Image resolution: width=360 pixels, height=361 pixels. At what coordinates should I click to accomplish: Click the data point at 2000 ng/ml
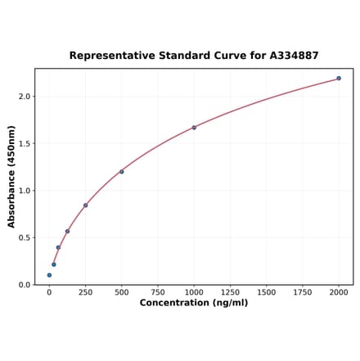339,79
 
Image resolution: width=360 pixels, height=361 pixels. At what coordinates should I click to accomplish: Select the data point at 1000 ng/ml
194,128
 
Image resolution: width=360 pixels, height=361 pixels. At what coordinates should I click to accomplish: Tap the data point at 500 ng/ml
122,172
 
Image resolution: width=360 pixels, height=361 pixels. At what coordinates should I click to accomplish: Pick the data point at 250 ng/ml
85,205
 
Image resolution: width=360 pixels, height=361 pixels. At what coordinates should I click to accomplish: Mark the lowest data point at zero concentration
49,275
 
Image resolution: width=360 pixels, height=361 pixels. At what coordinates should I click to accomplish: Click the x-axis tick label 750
157,292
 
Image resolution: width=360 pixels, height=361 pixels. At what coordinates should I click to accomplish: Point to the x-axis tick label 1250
230,292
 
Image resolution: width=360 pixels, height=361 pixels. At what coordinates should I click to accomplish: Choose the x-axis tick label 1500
266,292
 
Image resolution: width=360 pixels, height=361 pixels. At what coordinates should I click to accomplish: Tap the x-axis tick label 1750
302,292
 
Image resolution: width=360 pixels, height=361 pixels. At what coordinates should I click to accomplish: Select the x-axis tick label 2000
339,292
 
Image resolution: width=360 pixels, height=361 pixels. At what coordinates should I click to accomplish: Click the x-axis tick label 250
85,292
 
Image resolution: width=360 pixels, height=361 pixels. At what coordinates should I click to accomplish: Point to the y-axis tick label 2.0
25,97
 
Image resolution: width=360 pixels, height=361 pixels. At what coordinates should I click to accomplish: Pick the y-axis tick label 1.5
25,144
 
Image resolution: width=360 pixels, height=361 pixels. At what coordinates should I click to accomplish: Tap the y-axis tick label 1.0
25,191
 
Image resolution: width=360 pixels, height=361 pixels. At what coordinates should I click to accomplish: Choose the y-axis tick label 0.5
25,238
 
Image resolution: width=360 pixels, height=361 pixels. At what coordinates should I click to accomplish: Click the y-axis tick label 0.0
25,285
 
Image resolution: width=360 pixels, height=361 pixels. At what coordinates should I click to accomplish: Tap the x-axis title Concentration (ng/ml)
194,303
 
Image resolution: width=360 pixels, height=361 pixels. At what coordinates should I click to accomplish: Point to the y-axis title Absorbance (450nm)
11,177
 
